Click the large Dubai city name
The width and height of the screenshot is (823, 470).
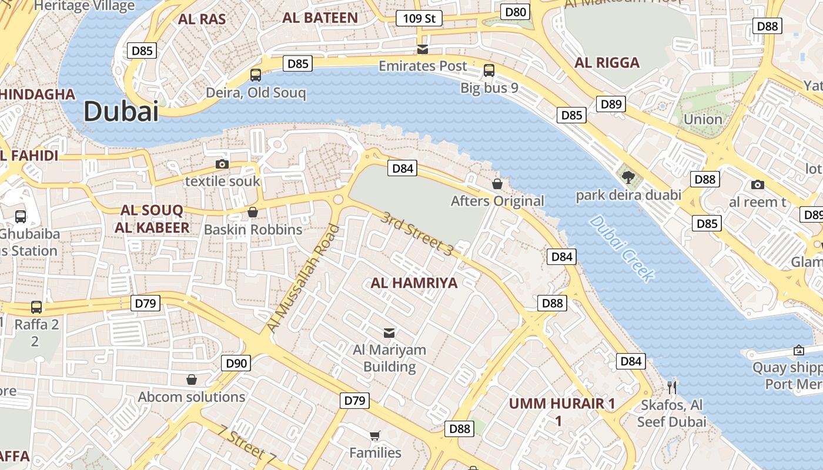point(121,111)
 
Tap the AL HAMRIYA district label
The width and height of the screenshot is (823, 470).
point(414,283)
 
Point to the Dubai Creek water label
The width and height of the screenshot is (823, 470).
point(622,248)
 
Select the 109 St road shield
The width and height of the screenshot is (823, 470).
point(419,19)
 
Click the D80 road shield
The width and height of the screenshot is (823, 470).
point(516,12)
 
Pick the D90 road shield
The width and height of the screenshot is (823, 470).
point(236,363)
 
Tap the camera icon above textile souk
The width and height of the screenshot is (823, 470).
point(222,164)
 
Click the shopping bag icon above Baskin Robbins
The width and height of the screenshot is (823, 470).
point(253,212)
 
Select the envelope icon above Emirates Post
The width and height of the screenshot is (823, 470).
point(422,49)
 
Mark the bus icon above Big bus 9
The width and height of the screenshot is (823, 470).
point(489,70)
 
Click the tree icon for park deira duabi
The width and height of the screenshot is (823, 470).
point(628,176)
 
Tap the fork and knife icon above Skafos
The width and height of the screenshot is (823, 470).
point(673,387)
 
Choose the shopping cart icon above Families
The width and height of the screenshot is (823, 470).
point(374,435)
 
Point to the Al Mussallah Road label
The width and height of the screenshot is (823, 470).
point(303,278)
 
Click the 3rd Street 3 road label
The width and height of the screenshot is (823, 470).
point(417,234)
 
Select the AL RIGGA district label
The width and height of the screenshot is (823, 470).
point(607,63)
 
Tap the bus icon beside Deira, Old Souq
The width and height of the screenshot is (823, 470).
point(256,75)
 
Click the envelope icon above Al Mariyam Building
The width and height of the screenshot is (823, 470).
point(389,333)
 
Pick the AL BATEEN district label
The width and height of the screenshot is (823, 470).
point(320,18)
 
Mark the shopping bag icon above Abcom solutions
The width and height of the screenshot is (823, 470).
point(191,380)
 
